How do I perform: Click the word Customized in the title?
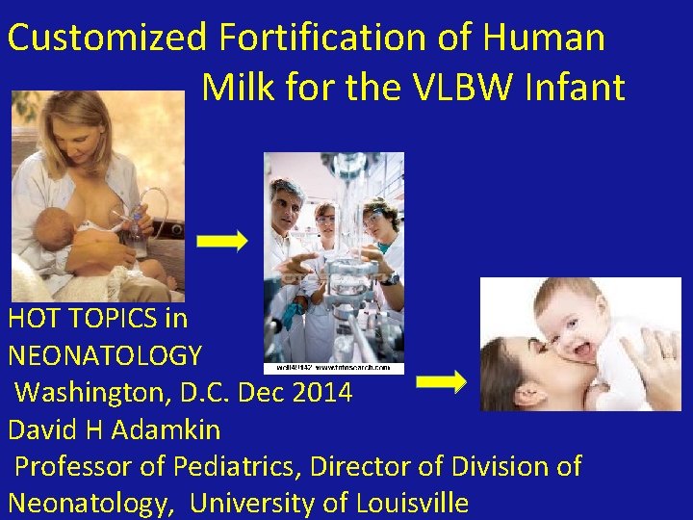(107, 39)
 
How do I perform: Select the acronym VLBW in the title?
(461, 88)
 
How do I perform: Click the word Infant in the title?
(580, 88)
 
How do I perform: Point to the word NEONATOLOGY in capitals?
(105, 355)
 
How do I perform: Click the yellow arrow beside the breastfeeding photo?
(228, 241)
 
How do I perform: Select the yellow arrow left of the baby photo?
(441, 382)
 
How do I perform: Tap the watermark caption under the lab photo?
(333, 367)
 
